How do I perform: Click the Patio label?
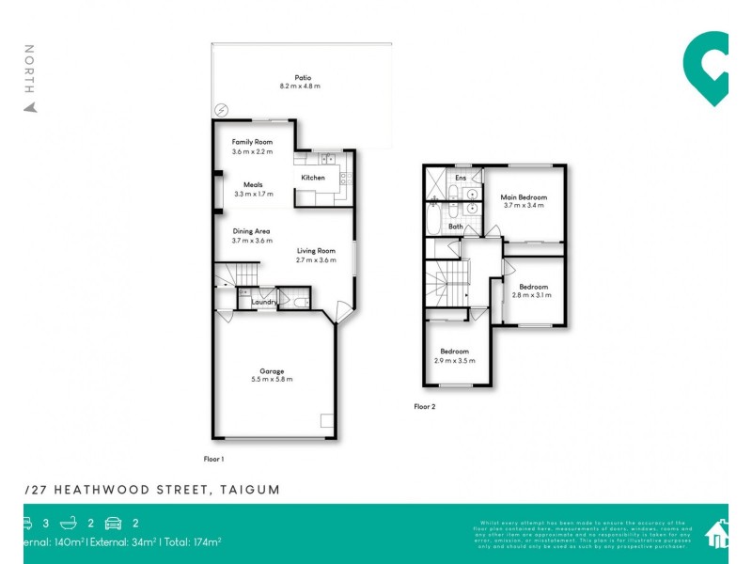pyautogui.click(x=302, y=77)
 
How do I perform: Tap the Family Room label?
pyautogui.click(x=252, y=142)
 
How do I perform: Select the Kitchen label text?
pyautogui.click(x=313, y=178)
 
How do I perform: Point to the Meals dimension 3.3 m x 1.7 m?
pyautogui.click(x=253, y=195)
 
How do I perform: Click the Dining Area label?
pyautogui.click(x=252, y=230)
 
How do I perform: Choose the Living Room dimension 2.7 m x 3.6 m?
pyautogui.click(x=316, y=259)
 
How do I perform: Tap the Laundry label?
pyautogui.click(x=263, y=302)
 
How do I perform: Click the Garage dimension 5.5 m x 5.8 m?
pyautogui.click(x=273, y=379)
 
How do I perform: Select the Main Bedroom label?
pyautogui.click(x=524, y=196)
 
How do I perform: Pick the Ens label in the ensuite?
pyautogui.click(x=461, y=178)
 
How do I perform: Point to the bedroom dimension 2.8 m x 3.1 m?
pyautogui.click(x=532, y=295)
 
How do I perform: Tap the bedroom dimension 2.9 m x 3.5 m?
pyautogui.click(x=455, y=361)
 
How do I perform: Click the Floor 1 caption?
pyautogui.click(x=214, y=459)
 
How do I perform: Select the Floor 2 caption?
pyautogui.click(x=425, y=407)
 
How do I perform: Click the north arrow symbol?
pyautogui.click(x=30, y=106)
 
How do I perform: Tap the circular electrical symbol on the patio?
pyautogui.click(x=221, y=110)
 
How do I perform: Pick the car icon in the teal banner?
pyautogui.click(x=114, y=523)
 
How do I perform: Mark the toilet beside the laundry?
pyautogui.click(x=298, y=303)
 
